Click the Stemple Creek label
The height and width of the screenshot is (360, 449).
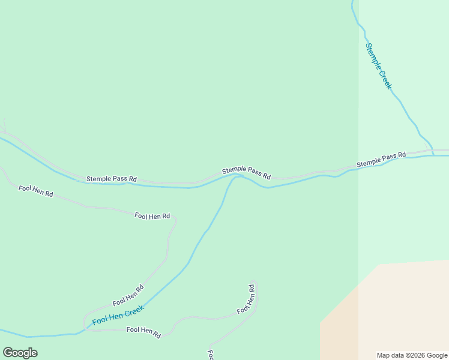point(379,66)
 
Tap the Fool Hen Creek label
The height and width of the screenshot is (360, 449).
point(118,316)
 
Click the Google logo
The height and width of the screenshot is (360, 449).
point(20,352)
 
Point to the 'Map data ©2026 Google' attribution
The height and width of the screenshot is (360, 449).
point(412,355)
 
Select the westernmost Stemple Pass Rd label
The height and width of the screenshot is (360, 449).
point(112,179)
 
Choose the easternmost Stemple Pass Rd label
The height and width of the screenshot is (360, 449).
point(381,160)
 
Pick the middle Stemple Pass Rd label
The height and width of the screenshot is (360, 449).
point(246,173)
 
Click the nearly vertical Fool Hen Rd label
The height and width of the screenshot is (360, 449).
point(246,299)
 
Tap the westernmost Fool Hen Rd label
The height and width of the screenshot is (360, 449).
point(36,191)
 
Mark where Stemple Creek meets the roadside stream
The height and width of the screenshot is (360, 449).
point(433,155)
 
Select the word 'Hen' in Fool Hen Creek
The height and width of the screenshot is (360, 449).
point(117,316)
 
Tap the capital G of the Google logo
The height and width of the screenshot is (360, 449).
point(8,352)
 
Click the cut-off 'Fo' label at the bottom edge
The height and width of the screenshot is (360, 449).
point(211,355)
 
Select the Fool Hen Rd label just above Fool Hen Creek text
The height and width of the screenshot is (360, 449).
point(128,295)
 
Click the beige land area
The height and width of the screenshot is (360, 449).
point(396,312)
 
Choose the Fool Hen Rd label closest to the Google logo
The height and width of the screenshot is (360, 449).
point(143,331)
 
